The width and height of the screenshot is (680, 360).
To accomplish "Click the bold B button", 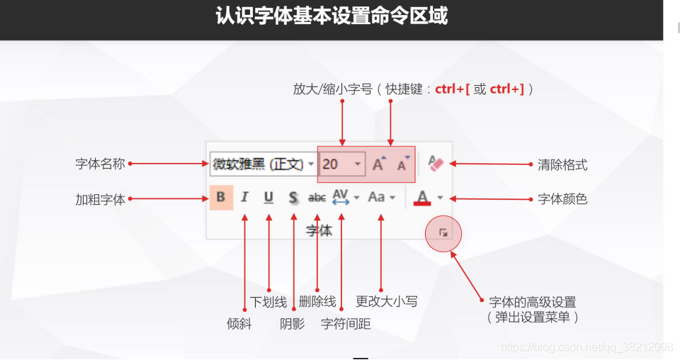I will coord(221,197).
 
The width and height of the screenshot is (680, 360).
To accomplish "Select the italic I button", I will coord(244,197).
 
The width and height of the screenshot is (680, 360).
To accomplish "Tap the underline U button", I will coord(268,197).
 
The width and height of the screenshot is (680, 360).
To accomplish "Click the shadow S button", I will coord(293,197).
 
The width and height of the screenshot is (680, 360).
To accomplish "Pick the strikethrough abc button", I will coord(317,198).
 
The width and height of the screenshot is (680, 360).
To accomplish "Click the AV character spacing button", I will coord(341,197).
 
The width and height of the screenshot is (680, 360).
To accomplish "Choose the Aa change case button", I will coord(377,197).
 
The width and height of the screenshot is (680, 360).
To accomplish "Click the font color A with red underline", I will coord(423,197).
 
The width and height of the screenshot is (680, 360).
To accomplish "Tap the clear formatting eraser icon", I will coord(436,164).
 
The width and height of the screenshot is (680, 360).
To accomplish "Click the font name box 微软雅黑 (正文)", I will coord(259,164).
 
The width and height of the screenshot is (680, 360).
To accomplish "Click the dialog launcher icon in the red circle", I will coord(443,232).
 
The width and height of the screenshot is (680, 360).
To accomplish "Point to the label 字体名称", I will coord(101,164).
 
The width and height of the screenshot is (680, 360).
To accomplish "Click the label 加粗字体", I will coord(101,199).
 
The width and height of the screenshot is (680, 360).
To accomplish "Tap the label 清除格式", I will coord(562,164).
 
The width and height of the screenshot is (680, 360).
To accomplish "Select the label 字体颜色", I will coord(562,199).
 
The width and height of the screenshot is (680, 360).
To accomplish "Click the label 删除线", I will coord(317,301).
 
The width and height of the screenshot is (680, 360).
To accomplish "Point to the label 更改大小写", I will coord(386,301).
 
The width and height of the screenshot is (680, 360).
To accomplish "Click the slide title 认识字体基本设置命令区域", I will coord(331,17).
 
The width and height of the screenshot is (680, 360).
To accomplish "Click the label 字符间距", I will coord(346,324).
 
